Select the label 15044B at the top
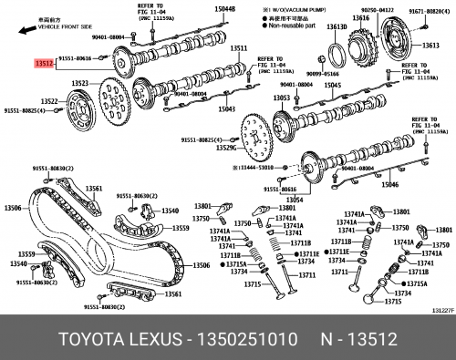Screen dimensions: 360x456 tap(225, 8)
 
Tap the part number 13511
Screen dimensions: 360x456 tap(239, 48)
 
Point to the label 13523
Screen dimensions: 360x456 tap(80, 83)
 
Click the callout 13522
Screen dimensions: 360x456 tap(49, 100)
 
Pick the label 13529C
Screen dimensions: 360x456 tap(223, 148)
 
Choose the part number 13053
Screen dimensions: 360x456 tap(282, 98)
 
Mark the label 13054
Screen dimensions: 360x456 tap(293, 199)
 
